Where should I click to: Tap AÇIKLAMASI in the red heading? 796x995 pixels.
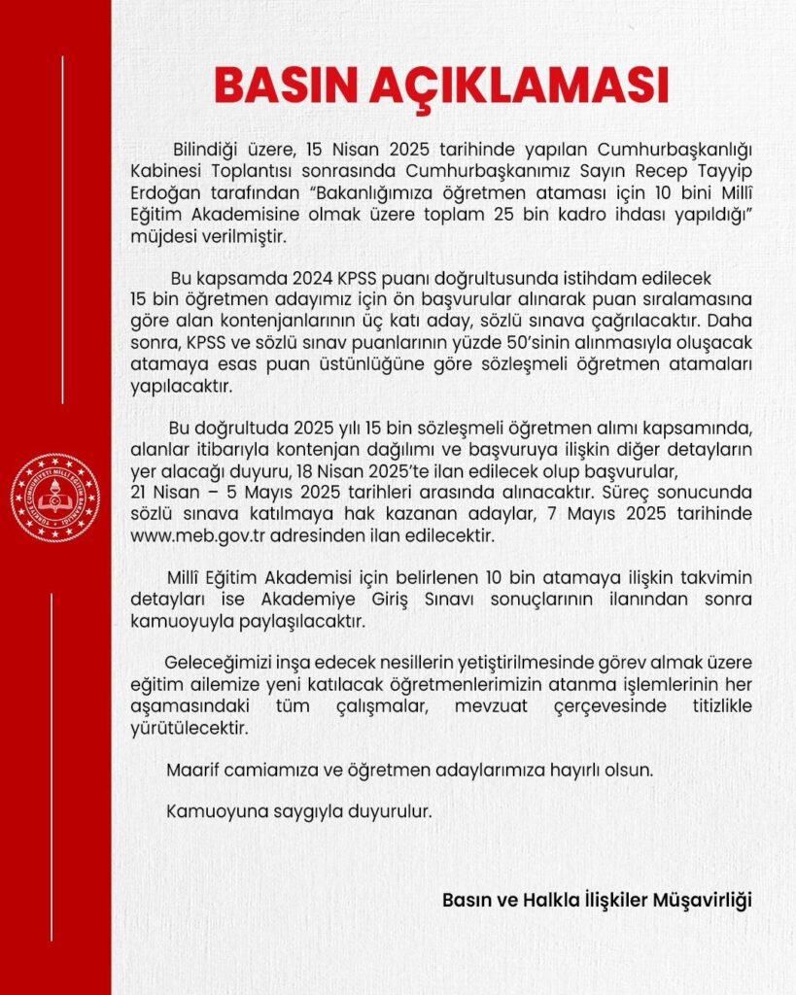[x=516, y=86]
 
